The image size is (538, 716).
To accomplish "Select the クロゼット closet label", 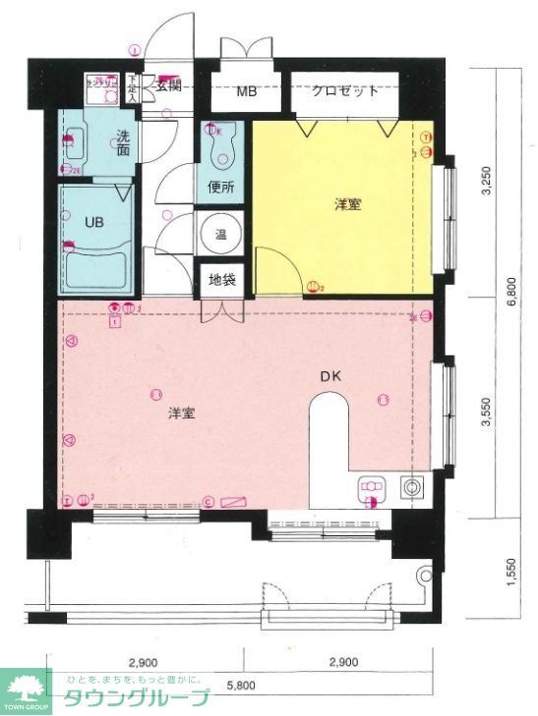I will click(x=346, y=91).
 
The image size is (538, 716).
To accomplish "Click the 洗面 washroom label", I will click(x=123, y=143).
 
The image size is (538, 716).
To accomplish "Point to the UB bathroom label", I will click(x=93, y=222).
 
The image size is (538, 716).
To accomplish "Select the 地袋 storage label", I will click(x=221, y=279).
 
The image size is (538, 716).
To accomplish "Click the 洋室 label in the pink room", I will click(x=180, y=413).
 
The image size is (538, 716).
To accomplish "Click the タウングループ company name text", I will click(x=137, y=699).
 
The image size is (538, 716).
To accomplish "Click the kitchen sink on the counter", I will click(x=371, y=488).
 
